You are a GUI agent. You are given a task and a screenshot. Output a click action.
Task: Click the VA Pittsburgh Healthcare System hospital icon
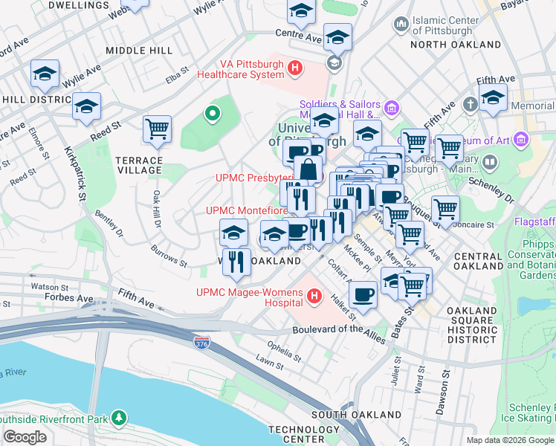tap(295, 69)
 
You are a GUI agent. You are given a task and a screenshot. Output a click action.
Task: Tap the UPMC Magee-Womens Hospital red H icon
tap(314, 297)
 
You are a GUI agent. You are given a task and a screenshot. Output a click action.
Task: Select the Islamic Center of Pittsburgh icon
tap(401, 25)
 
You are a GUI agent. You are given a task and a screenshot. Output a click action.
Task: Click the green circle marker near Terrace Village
tap(213, 114)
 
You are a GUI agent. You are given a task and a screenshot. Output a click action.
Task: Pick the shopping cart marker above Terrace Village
tap(158, 129)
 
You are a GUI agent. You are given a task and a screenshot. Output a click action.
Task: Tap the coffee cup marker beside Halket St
tap(363, 294)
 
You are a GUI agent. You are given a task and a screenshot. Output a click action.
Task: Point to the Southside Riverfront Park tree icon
tap(118, 418)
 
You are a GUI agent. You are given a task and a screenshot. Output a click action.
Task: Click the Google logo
tap(25, 437)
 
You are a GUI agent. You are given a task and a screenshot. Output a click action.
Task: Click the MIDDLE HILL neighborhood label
tap(139, 51)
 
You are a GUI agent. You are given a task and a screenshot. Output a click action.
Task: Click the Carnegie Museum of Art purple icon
tap(521, 140)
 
